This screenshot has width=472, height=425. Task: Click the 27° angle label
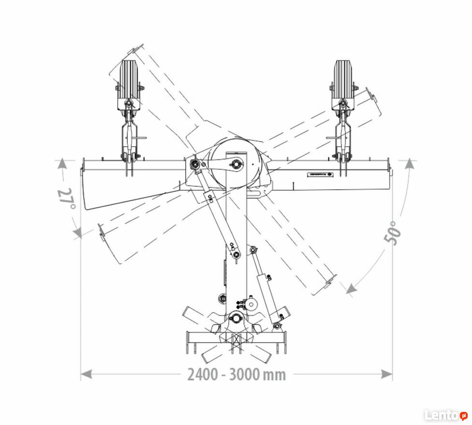coord(66,199)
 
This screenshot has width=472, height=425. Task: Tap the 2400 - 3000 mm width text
coord(236,374)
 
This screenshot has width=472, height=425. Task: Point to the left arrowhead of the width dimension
coord(86,374)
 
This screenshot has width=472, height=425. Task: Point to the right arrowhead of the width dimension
coord(387,374)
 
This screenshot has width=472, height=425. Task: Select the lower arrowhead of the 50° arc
coord(351,289)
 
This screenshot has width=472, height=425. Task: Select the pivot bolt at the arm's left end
coord(194,165)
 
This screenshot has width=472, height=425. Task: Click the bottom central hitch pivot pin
coord(236,317)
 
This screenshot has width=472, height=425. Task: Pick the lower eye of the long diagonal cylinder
coord(236,255)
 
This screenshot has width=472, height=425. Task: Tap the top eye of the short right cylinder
coord(253,250)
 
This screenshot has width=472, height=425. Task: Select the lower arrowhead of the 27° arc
coord(77,231)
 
